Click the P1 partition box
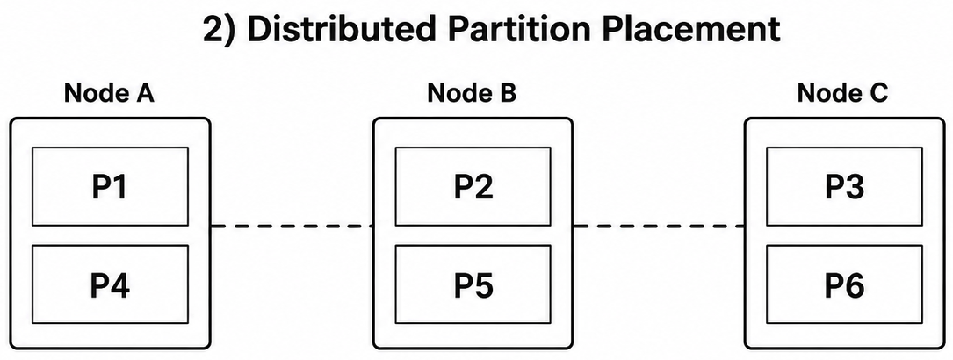pos(110,186)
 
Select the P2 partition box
pos(473,186)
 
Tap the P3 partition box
pos(844,186)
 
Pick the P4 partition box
pos(110,284)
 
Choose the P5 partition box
pos(473,284)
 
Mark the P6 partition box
pos(844,284)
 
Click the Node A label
pos(109,93)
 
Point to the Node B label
pos(472,93)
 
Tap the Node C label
pos(842,93)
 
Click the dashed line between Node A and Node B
pos(292,227)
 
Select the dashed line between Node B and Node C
pos(659,227)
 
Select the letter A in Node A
pos(144,93)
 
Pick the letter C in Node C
pos(879,93)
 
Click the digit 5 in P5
pos(484,284)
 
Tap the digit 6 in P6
pos(855,284)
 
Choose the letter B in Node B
pos(508,93)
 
